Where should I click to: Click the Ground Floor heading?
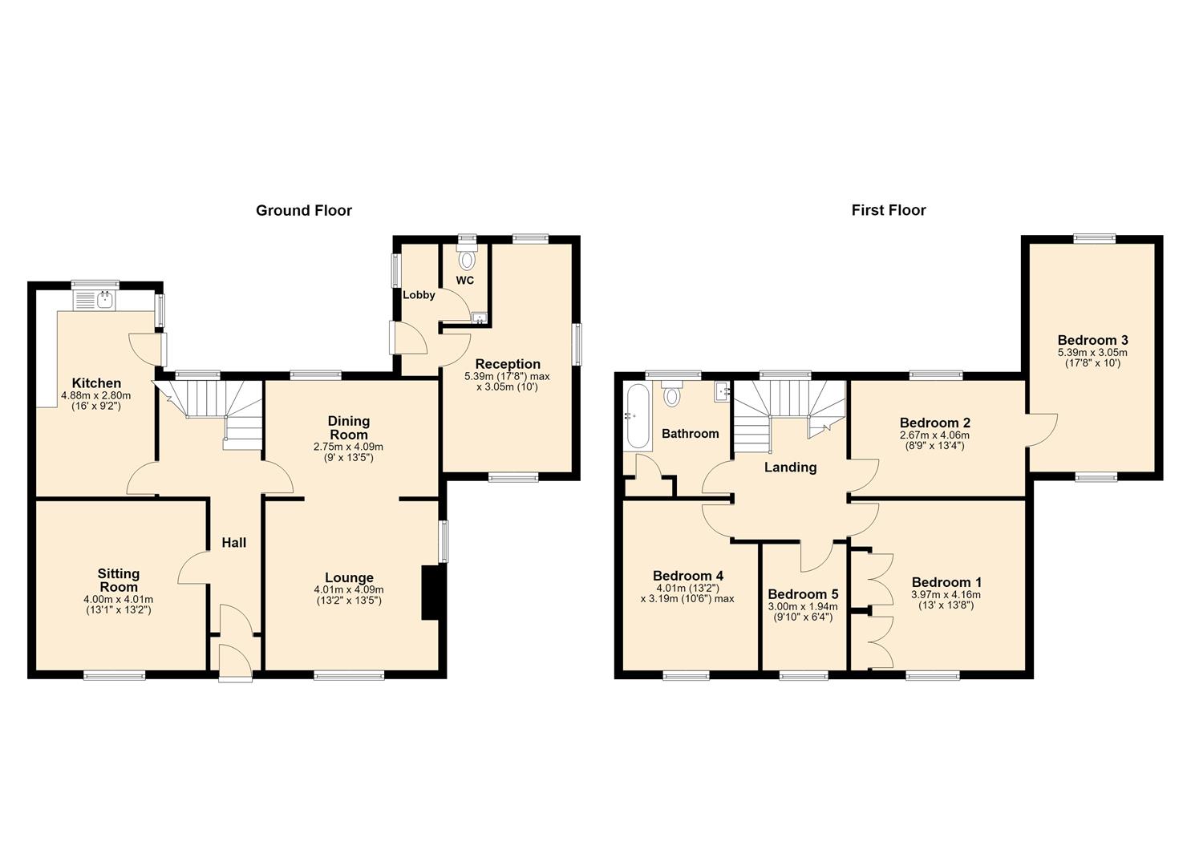(304, 211)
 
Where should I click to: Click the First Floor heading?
(889, 211)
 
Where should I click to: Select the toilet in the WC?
(467, 257)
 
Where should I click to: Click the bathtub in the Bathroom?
(638, 417)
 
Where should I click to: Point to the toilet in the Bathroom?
(673, 392)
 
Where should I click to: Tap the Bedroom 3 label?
(1092, 340)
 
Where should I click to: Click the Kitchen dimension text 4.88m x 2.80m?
(95, 395)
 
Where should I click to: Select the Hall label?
(234, 543)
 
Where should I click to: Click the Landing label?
(790, 467)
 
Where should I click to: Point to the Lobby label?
(419, 295)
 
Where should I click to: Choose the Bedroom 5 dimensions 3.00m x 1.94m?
(803, 606)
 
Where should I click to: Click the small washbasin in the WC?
(480, 318)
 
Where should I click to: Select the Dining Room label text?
(348, 428)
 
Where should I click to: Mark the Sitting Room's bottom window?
(115, 674)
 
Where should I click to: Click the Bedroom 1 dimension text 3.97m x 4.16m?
(946, 595)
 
